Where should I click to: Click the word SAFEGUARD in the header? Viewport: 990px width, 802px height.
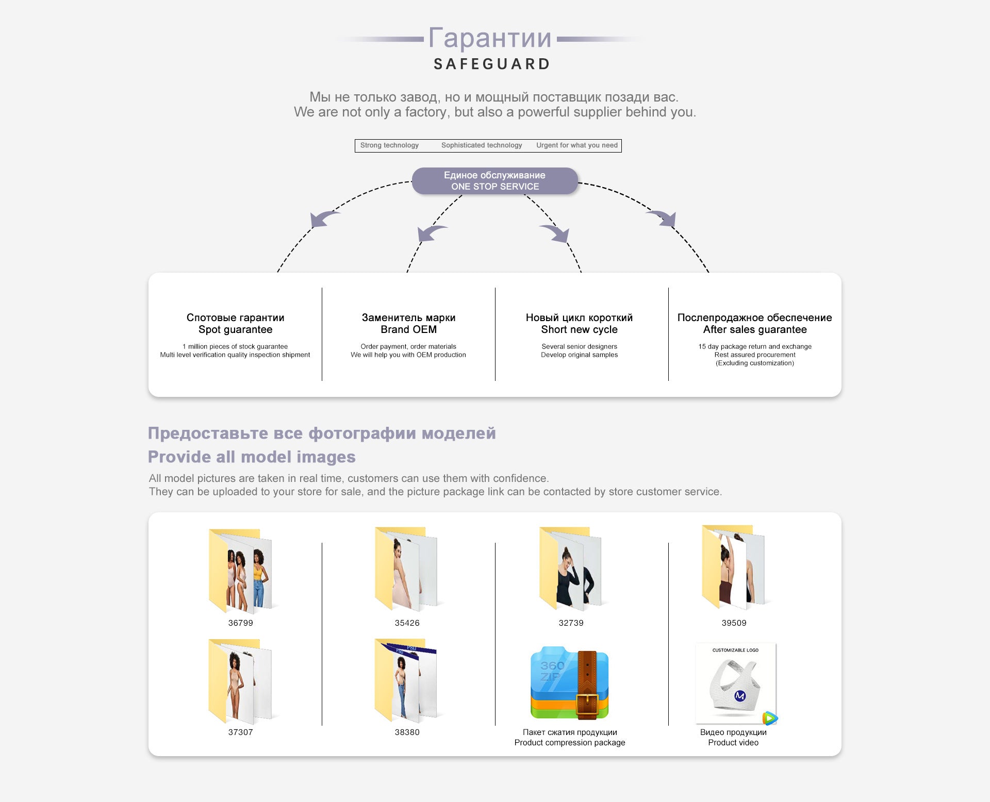492,64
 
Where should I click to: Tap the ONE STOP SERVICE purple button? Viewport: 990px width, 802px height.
494,181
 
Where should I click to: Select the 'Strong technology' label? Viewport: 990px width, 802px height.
389,145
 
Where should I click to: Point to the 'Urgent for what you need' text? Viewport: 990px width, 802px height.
576,145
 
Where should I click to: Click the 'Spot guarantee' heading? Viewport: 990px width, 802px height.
235,329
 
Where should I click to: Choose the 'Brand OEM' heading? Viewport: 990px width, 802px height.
408,329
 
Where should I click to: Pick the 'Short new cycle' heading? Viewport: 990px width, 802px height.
579,329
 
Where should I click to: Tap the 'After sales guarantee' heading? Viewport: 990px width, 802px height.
755,329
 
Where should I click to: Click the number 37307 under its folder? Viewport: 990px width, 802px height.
241,732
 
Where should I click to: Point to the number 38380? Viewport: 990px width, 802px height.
407,732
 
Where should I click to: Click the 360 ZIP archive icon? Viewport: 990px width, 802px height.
570,683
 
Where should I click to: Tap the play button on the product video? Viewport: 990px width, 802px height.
769,717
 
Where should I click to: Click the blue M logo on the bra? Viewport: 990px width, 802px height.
740,696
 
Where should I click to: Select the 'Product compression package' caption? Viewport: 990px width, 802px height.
570,742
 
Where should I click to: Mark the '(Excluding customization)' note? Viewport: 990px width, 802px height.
755,363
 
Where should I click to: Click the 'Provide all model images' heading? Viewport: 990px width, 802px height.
252,457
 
